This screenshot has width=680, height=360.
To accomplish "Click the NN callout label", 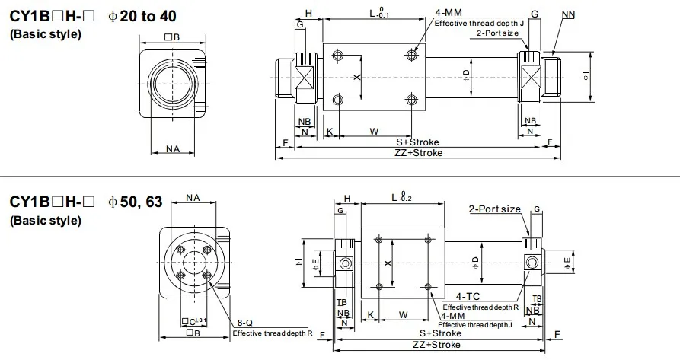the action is pos(568,14).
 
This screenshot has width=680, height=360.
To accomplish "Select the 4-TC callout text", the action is pos(468,296).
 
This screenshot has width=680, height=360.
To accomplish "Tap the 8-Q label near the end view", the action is pos(245,323).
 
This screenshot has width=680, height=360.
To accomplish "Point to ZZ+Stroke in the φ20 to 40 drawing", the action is pos(419,153).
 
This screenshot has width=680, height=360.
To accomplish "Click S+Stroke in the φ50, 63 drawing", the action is pos(441,333).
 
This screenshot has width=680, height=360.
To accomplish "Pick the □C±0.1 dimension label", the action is pos(194,322).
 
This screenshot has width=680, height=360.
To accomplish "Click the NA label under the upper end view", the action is pos(173,149).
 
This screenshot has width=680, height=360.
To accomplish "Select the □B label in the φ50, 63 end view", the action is pos(193,333).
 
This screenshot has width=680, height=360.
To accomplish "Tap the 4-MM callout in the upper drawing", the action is pos(449,13).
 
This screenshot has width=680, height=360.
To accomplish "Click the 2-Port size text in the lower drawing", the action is pos(495,209).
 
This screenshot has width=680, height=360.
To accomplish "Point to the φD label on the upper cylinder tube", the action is pos(467,76).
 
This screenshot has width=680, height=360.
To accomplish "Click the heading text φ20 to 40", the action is pos(142,17).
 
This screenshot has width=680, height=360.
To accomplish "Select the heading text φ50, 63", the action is pos(136,202).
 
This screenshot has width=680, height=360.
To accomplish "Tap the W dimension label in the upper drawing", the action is pos(374,131).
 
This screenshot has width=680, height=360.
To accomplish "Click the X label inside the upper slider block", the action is pos(357,77).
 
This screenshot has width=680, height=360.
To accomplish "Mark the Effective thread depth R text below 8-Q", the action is pos(273,333).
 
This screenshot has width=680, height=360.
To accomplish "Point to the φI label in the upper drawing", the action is pos(586,77).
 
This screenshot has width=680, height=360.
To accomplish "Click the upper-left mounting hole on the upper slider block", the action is pos(337,55).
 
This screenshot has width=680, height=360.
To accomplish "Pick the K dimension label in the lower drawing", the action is pos(370,314).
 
